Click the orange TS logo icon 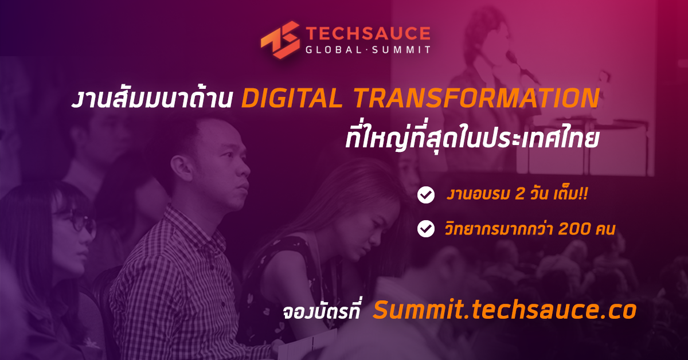pos(280,40)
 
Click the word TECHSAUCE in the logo pos(368,33)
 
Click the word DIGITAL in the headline pos(292,98)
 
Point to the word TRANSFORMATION pos(476,98)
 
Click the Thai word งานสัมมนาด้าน pos(152,97)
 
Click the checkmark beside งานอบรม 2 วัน pos(426,195)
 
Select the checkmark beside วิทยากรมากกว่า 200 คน pos(426,229)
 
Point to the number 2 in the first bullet pos(519,194)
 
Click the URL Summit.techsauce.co pos(505,310)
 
